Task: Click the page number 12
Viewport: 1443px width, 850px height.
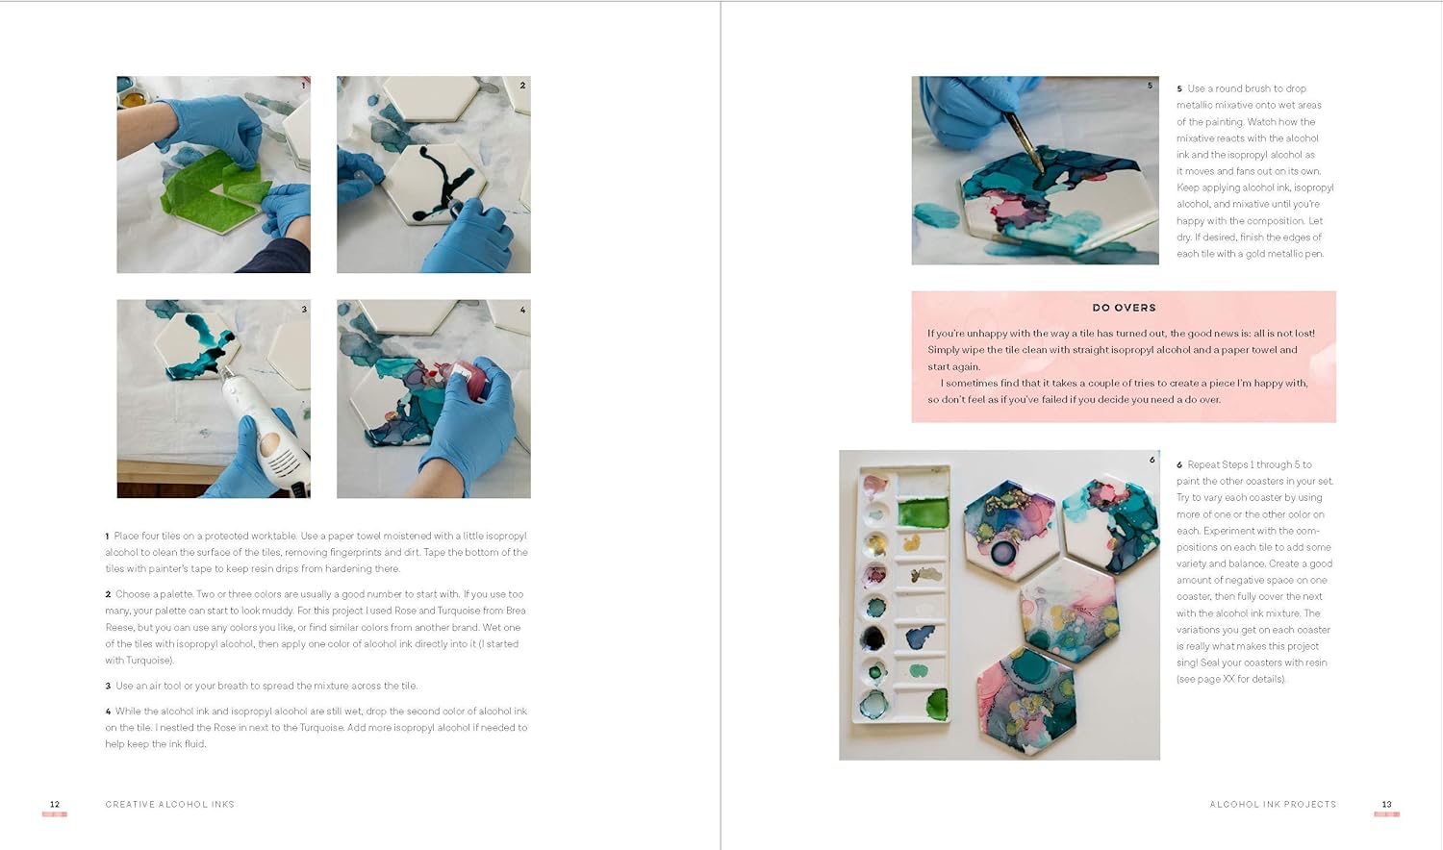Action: (55, 804)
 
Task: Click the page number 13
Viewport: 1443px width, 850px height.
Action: (1386, 804)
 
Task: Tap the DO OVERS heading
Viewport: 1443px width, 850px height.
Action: (1124, 308)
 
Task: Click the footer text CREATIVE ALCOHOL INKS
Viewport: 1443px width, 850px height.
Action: (169, 804)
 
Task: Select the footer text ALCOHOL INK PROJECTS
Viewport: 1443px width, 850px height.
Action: (1273, 804)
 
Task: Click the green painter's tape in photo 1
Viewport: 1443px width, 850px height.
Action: (207, 187)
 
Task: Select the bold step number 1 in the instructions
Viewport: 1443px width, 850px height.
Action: (108, 537)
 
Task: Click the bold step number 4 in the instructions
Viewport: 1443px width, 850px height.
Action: (108, 712)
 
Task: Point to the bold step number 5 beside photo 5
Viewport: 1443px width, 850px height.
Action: (1179, 88)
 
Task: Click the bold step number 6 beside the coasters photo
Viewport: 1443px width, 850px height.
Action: (1179, 464)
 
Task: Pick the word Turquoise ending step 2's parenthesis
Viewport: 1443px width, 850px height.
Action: (148, 661)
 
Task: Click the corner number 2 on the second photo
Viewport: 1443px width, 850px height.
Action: (522, 86)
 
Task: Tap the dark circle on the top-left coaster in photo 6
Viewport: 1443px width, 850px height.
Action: (1003, 552)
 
